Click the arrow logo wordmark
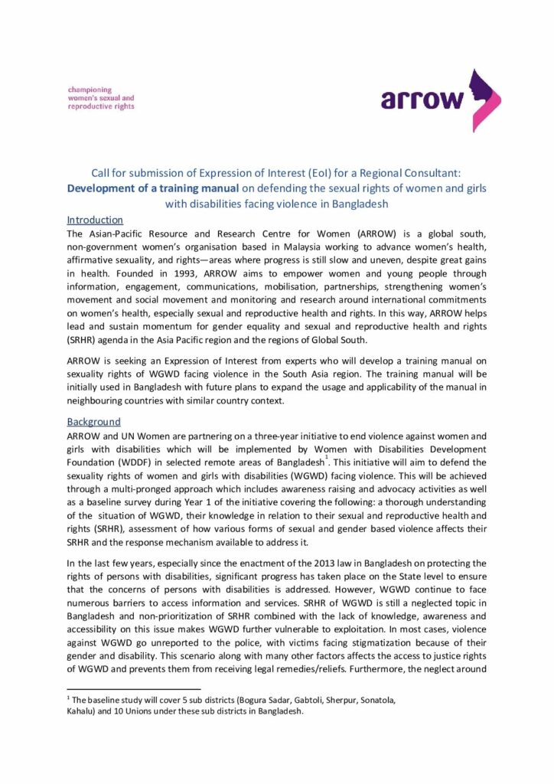tap(422, 100)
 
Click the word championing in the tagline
tap(90, 90)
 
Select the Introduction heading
tap(95, 220)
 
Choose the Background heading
tap(93, 422)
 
